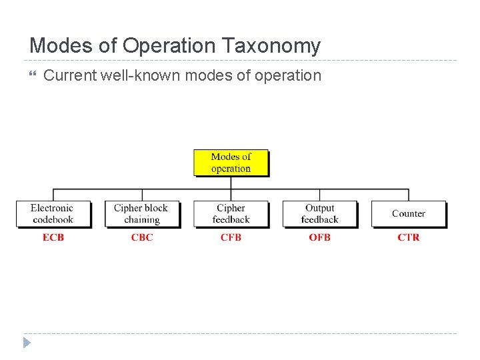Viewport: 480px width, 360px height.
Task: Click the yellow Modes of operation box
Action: [x=231, y=163]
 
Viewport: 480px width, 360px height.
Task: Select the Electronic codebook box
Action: [x=53, y=213]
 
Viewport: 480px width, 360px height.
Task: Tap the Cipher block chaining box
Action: [x=141, y=213]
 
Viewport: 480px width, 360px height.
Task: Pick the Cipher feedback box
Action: [x=231, y=213]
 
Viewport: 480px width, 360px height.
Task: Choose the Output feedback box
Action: [x=319, y=213]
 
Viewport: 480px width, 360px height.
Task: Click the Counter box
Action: [x=408, y=213]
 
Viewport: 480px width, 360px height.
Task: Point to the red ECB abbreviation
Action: [x=53, y=237]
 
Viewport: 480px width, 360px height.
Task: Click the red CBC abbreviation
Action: [x=142, y=237]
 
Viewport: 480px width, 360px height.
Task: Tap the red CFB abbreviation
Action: [x=231, y=237]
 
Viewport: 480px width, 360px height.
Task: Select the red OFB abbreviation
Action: [x=319, y=237]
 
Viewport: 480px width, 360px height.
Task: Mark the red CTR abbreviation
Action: [x=408, y=237]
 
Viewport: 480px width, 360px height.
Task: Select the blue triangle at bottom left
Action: [x=26, y=343]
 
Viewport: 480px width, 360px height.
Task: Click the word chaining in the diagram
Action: [x=141, y=219]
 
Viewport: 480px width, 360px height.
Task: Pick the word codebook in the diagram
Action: [x=53, y=219]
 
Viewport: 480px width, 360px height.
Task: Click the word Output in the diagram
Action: [x=319, y=208]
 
